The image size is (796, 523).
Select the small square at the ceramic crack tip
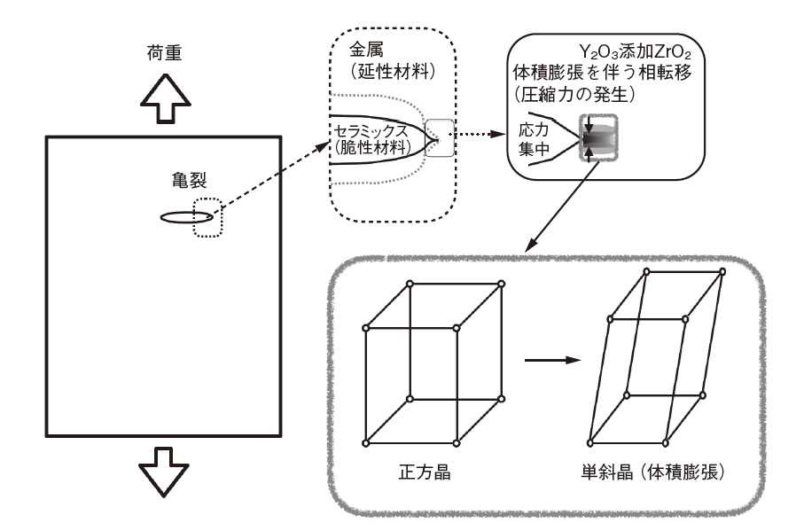439,138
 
